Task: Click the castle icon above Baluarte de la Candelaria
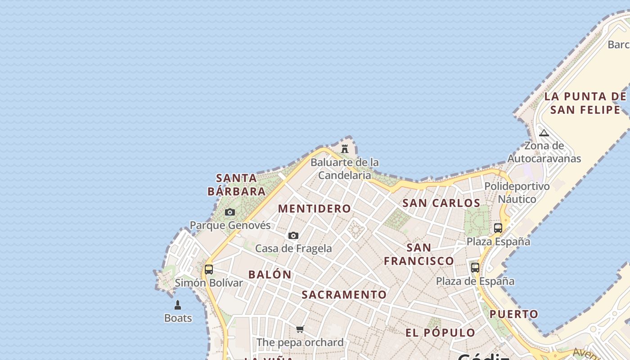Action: click(345, 148)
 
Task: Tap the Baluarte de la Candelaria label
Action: click(345, 169)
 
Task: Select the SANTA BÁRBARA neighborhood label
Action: click(237, 184)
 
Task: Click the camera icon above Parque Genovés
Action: click(230, 212)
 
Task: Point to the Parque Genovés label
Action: click(230, 225)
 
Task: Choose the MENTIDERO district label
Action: click(315, 208)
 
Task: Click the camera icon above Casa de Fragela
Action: click(293, 235)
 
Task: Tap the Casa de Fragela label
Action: click(293, 248)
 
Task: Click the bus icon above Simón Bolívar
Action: click(209, 270)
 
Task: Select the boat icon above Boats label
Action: click(178, 305)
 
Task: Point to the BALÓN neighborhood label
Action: click(270, 274)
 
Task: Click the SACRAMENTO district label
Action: click(344, 295)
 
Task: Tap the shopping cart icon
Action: click(300, 329)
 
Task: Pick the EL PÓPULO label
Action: click(440, 333)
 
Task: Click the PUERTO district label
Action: click(514, 314)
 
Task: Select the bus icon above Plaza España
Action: click(498, 228)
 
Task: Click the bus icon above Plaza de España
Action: click(475, 268)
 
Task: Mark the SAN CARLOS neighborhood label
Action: click(441, 203)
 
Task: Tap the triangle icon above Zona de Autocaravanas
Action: click(544, 133)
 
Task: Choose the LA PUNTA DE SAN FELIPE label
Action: click(585, 103)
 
